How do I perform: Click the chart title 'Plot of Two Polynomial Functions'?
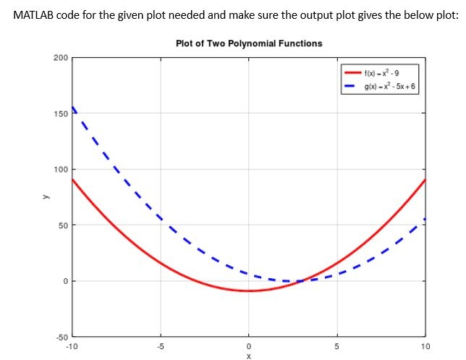pyautogui.click(x=249, y=43)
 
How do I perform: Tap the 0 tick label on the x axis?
pyautogui.click(x=249, y=346)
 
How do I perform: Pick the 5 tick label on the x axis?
pyautogui.click(x=337, y=346)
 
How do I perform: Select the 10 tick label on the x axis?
pyautogui.click(x=425, y=346)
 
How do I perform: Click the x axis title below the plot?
pyautogui.click(x=249, y=355)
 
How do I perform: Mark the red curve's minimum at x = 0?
pyautogui.click(x=249, y=290)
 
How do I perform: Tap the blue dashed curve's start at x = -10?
pyautogui.click(x=72, y=107)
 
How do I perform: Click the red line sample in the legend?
pyautogui.click(x=352, y=74)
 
